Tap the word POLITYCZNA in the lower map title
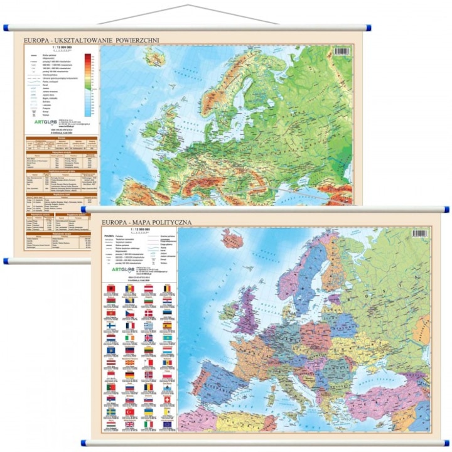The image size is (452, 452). click(164, 222)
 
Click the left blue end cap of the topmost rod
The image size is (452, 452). click(6, 28)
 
